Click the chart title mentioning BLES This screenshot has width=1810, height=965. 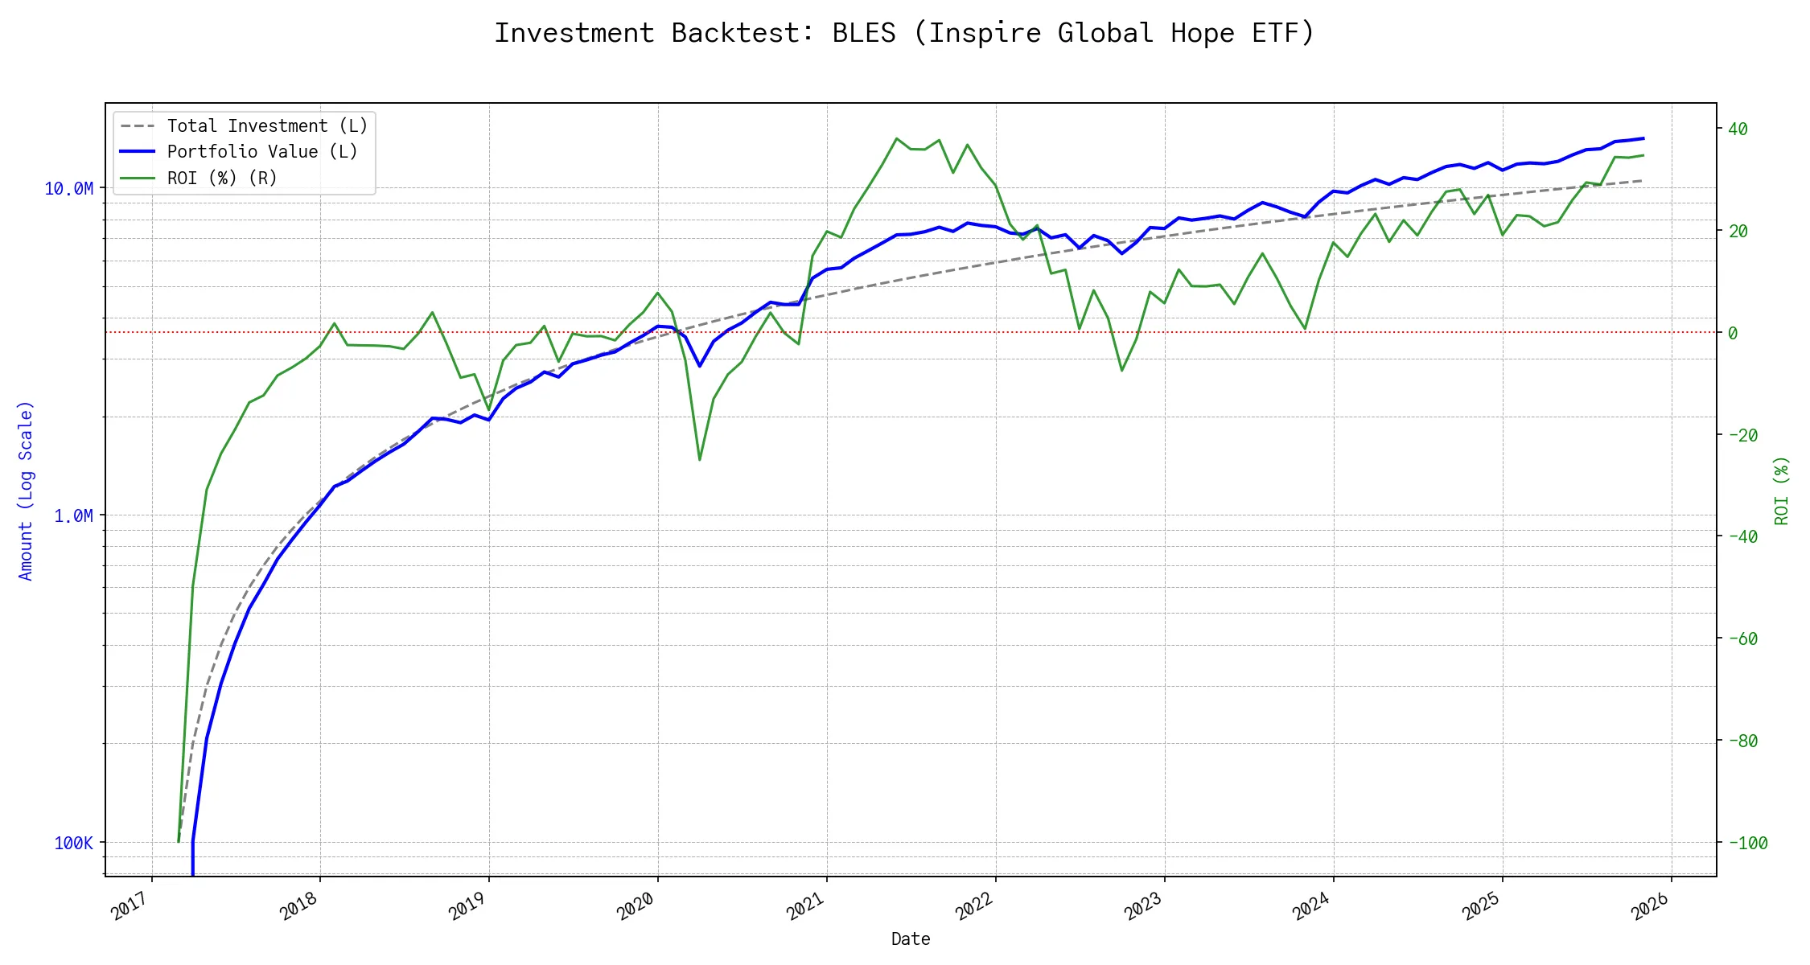[904, 34]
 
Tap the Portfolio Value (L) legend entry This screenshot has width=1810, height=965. [261, 152]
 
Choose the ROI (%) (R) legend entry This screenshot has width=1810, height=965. [222, 179]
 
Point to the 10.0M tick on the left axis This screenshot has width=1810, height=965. [68, 189]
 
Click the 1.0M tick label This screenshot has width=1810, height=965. [73, 516]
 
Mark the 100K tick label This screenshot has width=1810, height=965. [73, 844]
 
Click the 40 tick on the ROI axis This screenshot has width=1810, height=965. [1738, 129]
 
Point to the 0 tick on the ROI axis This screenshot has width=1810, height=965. [1733, 333]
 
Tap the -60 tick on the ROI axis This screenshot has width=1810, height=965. [1742, 639]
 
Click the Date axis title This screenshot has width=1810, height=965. [911, 939]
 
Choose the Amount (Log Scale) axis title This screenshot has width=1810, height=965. [26, 491]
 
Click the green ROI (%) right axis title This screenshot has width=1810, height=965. [1782, 491]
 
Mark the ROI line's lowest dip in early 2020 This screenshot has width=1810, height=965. [700, 460]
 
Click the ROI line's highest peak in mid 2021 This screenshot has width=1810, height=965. [896, 138]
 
